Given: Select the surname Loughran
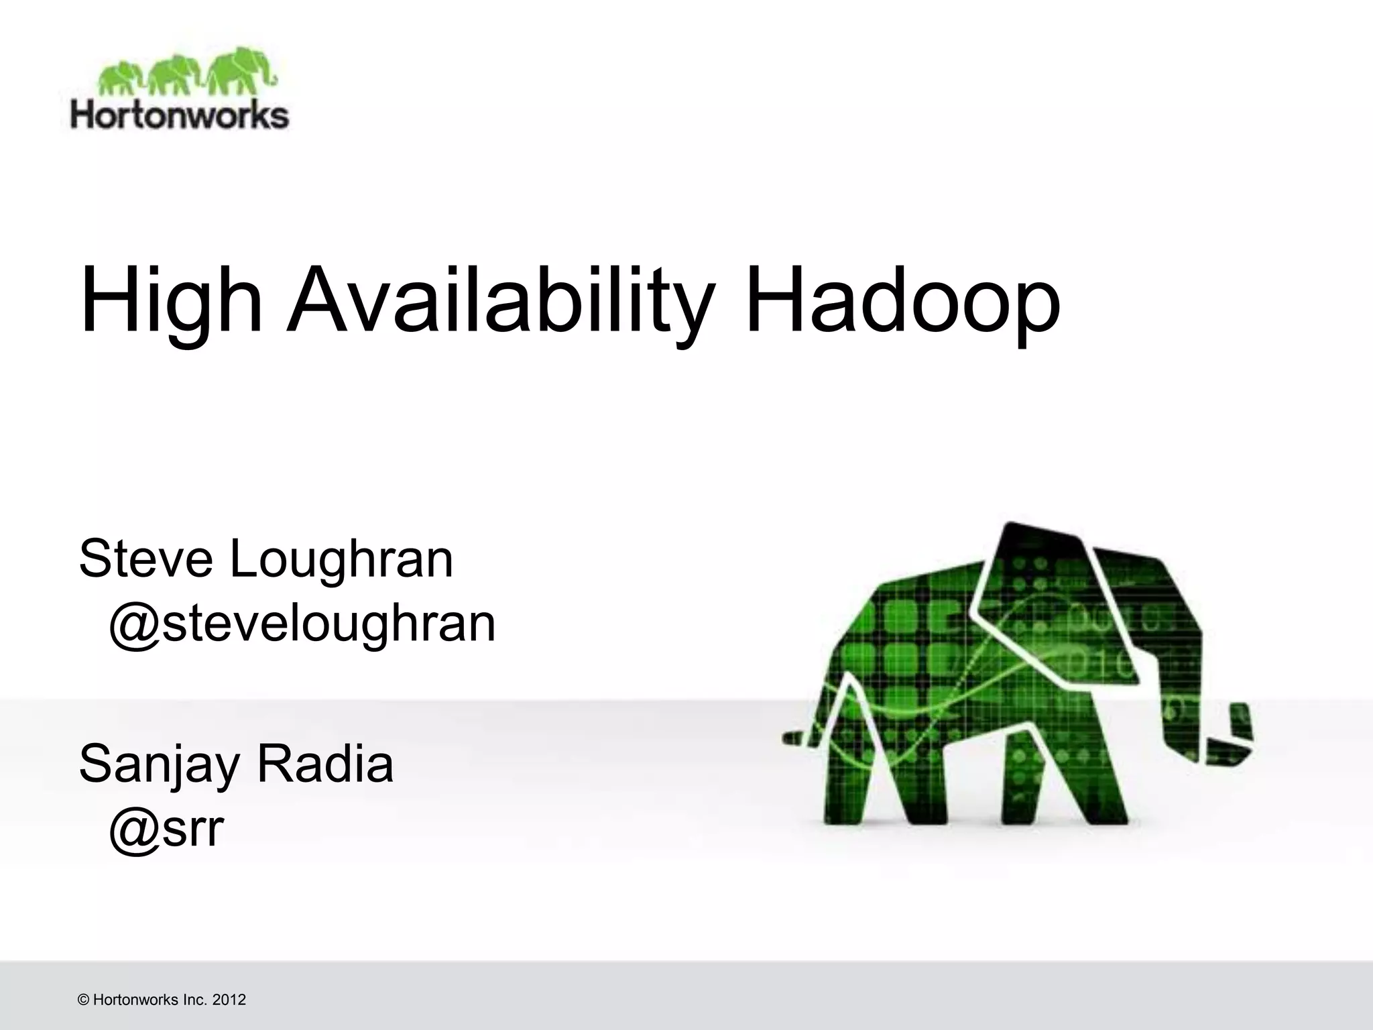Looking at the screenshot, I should (x=341, y=561).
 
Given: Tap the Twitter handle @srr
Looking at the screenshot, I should (x=165, y=829).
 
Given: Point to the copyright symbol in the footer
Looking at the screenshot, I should (x=84, y=1000).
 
